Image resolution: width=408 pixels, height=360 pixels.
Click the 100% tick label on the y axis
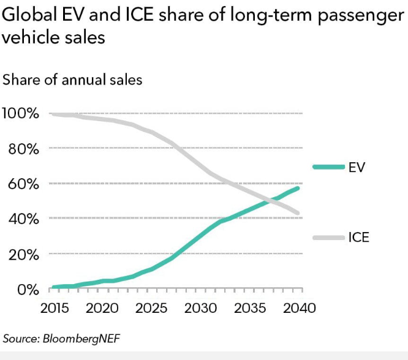(x=21, y=113)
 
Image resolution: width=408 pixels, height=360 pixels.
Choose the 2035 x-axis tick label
(x=250, y=308)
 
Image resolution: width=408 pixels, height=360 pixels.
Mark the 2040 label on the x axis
(x=298, y=308)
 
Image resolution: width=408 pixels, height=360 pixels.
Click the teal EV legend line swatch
(x=328, y=167)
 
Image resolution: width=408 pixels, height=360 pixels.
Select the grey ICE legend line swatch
(x=328, y=237)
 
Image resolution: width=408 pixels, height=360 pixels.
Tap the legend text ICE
(x=359, y=237)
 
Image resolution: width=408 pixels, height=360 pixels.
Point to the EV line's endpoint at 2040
(x=298, y=187)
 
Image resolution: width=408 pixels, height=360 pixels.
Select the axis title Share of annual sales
(x=72, y=80)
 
